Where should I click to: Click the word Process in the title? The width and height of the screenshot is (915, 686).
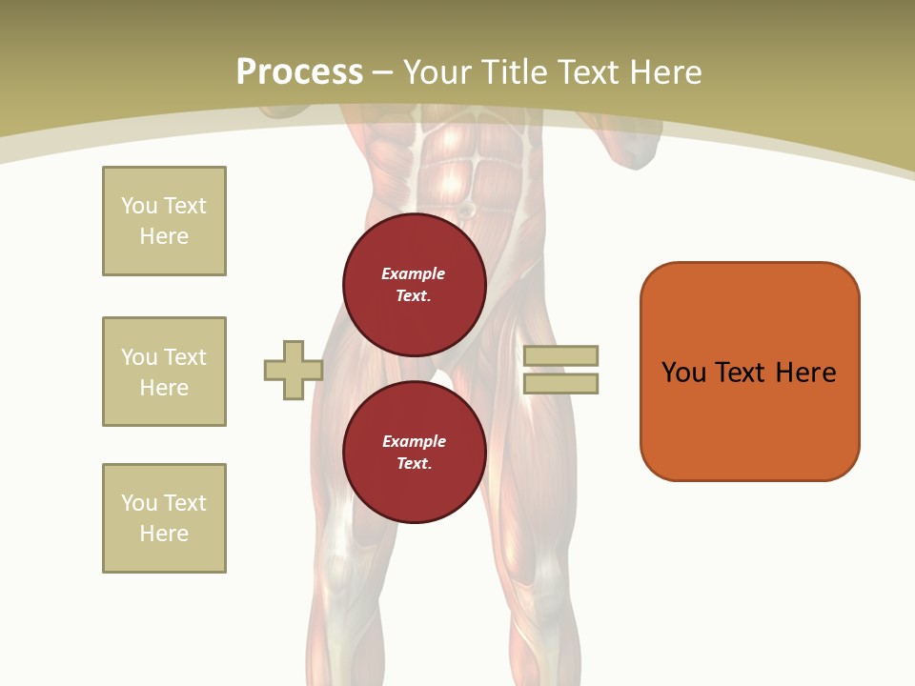coord(299,71)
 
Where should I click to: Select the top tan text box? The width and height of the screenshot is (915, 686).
coord(164,221)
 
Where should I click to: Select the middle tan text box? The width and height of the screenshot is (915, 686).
coord(164,372)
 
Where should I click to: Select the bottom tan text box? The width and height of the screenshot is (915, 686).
coord(164,518)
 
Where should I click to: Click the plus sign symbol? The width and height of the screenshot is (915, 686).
coord(294,370)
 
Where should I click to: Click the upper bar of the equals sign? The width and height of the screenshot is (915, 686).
coord(560,355)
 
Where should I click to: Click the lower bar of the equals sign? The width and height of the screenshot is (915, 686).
coord(560,384)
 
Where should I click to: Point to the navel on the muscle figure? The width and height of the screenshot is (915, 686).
coord(466,209)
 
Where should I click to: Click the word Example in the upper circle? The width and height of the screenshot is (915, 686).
coord(413,273)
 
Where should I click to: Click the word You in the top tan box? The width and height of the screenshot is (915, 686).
coord(138,206)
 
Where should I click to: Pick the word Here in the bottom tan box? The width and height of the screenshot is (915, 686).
coord(164,534)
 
